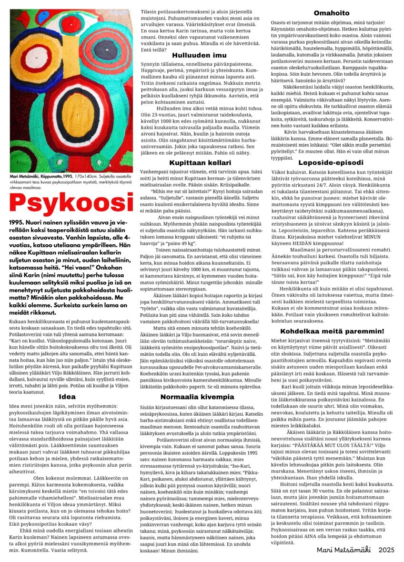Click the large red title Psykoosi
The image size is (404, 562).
tap(71, 204)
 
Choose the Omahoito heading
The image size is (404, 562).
tap(331, 13)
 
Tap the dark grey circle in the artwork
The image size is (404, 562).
tap(105, 49)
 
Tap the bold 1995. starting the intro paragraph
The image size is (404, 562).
tap(18, 222)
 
